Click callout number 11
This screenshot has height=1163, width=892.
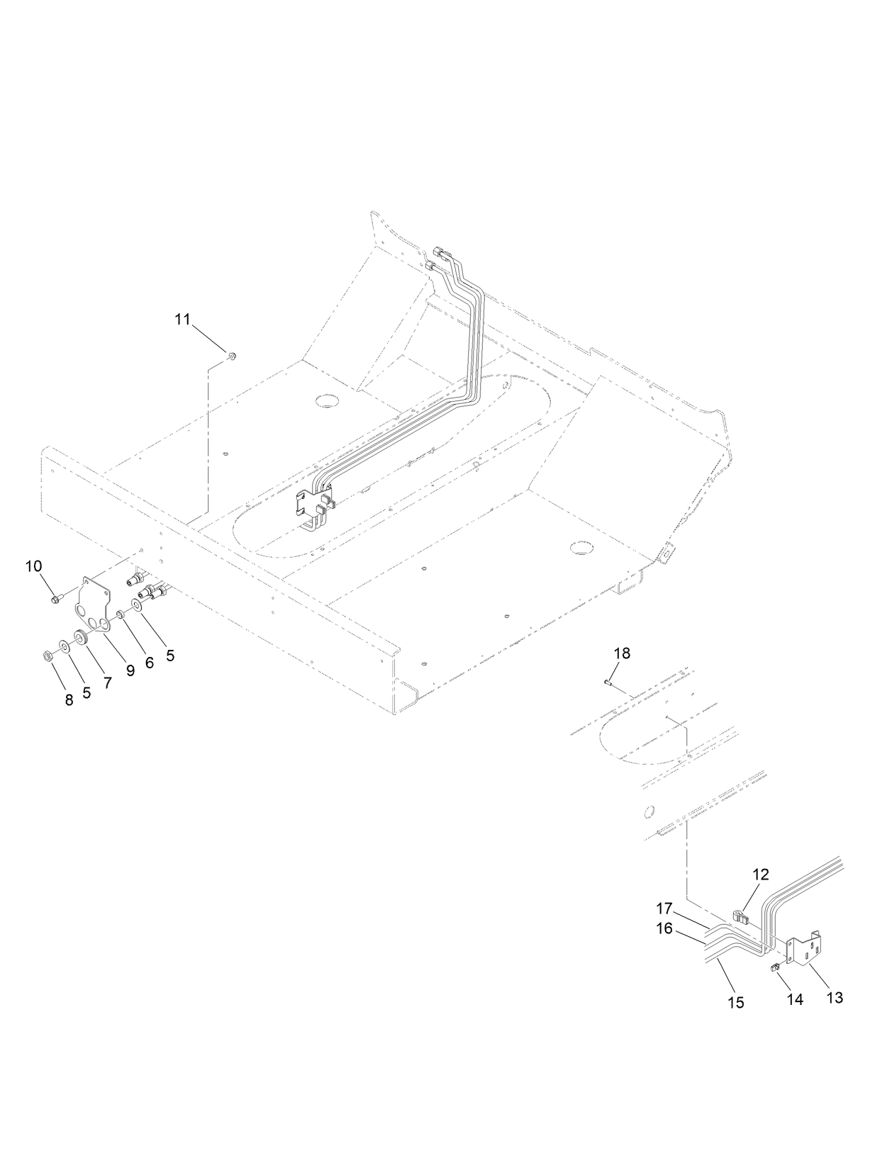[183, 319]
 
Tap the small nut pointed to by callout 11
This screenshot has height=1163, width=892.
[232, 356]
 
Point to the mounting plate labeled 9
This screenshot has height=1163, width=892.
[95, 600]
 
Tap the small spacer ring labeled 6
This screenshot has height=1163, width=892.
[121, 614]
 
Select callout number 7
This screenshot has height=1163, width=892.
[107, 682]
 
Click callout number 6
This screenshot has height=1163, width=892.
[149, 663]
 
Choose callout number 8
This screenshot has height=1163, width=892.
[69, 700]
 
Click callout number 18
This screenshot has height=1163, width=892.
[621, 653]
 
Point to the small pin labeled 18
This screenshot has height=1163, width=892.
[608, 682]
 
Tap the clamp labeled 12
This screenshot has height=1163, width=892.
[740, 918]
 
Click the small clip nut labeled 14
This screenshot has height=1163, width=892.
[775, 967]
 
